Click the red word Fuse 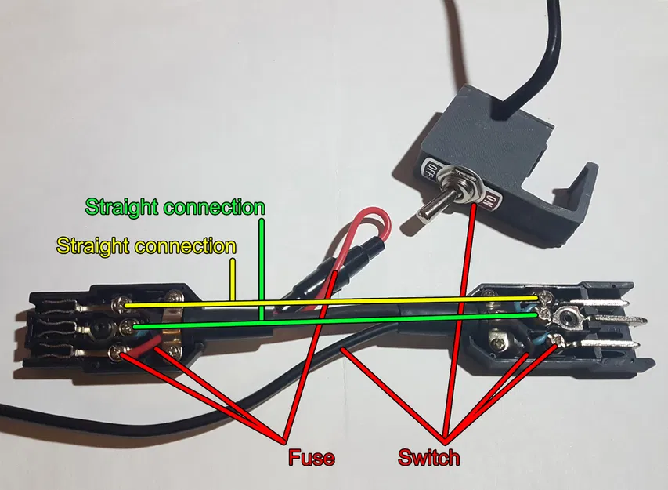click(x=312, y=456)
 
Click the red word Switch click(x=428, y=456)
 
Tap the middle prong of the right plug click(x=623, y=321)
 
